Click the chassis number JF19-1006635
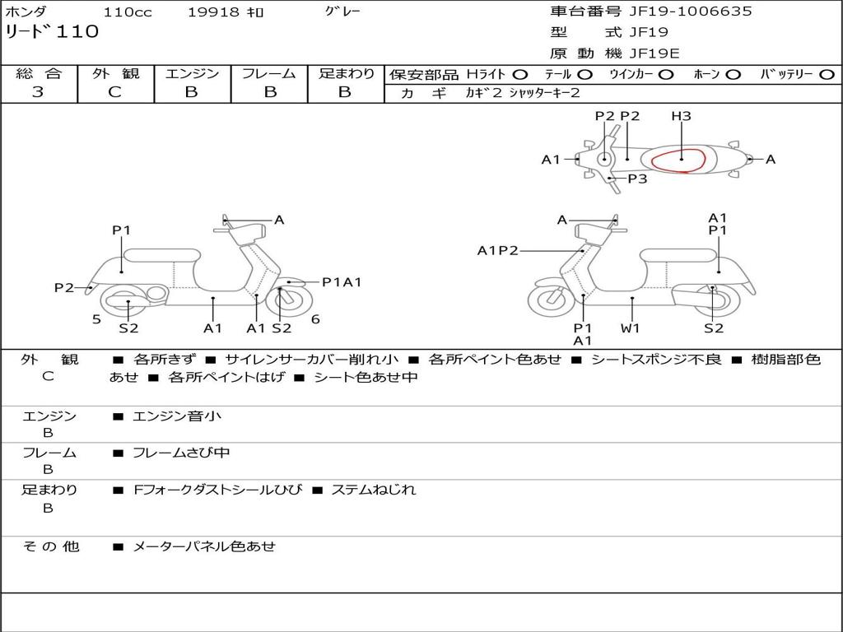coord(691,12)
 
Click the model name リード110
coord(52,32)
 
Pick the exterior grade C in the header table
coord(115,92)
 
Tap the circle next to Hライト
coord(519,75)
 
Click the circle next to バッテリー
coord(827,75)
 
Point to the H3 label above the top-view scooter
coord(681,116)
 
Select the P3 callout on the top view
coord(638,179)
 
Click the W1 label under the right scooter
coord(630,328)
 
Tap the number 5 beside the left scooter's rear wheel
coord(96,320)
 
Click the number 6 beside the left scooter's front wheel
coord(315,320)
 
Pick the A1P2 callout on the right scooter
coord(498,250)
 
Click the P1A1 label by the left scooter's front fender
coord(342,282)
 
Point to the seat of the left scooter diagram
coord(162,255)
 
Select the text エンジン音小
coord(177,416)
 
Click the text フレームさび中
coord(181,453)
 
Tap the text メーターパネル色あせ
coord(204,546)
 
